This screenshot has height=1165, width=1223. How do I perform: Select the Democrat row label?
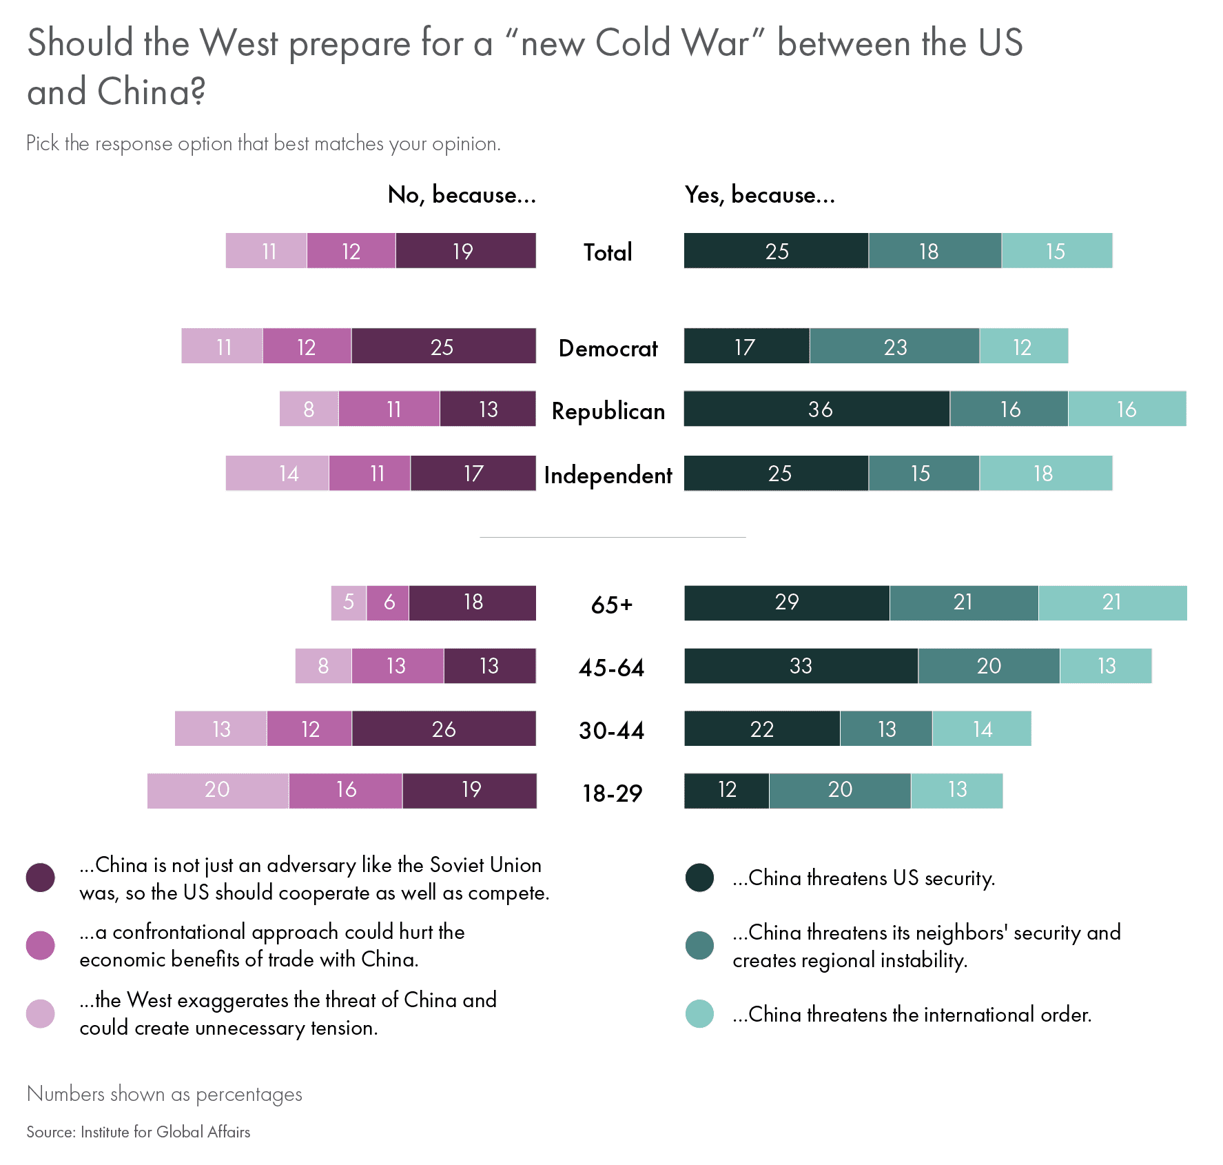(608, 348)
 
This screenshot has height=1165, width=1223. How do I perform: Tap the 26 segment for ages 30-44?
(444, 729)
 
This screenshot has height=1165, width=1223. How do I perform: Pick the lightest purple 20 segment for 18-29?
(218, 790)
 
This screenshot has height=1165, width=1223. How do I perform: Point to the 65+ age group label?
(611, 605)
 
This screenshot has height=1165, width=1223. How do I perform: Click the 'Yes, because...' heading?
(759, 195)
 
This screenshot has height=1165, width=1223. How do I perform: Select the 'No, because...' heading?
(462, 195)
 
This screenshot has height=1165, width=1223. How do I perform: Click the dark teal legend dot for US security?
(699, 878)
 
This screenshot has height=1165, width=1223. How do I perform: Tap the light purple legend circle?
(40, 1013)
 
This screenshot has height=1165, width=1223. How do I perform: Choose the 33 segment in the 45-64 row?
(801, 666)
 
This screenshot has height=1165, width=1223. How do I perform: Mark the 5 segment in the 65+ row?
(349, 602)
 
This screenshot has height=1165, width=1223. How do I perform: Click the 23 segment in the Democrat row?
(894, 346)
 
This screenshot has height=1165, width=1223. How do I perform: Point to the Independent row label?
(608, 475)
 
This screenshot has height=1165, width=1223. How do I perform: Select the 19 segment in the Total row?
(465, 251)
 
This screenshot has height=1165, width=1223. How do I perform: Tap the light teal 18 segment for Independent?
(1045, 473)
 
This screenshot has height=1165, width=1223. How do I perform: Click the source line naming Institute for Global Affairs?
(138, 1132)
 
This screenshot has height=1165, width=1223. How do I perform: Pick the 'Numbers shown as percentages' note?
(164, 1094)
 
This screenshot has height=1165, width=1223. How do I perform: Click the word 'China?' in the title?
(151, 92)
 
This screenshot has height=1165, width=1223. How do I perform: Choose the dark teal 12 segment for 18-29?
(726, 790)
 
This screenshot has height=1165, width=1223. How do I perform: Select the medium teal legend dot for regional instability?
(699, 946)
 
